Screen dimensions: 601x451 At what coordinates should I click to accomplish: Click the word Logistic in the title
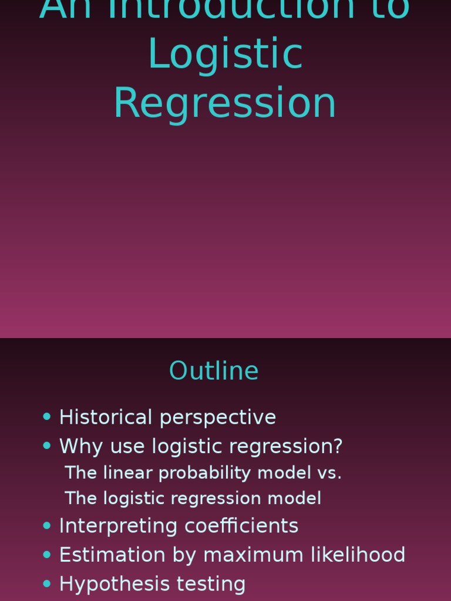pos(225,54)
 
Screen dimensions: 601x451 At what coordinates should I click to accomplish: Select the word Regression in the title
pos(225,103)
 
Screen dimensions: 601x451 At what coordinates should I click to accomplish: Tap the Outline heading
pos(214,371)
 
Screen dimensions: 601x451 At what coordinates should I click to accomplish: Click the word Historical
pos(106,417)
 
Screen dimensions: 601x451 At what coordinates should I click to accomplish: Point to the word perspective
pos(218,418)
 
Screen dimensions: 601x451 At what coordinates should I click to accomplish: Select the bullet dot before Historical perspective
pos(47,417)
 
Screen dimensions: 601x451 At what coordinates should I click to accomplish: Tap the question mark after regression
pos(336,447)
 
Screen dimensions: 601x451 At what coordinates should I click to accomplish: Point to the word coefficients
pos(241,526)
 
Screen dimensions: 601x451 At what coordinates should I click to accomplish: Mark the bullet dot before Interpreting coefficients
pos(47,525)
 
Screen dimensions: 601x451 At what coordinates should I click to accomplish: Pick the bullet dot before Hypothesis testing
pos(47,583)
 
